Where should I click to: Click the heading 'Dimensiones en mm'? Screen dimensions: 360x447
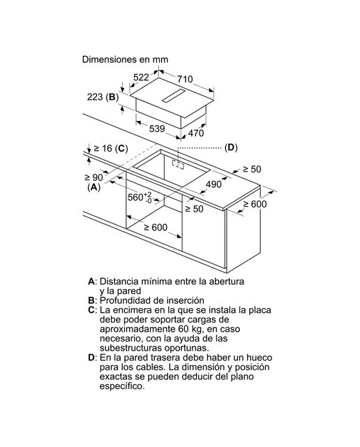(x=125, y=59)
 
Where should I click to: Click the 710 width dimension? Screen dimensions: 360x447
(x=185, y=79)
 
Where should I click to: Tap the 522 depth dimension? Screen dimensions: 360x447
(x=141, y=77)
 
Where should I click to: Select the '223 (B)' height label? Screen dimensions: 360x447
(x=103, y=97)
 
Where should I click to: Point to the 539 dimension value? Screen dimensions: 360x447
(x=157, y=129)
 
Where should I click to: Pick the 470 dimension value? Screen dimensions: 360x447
(x=196, y=133)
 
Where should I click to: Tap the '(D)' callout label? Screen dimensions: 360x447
(x=231, y=147)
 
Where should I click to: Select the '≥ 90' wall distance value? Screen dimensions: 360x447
(x=94, y=177)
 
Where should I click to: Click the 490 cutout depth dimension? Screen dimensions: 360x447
(x=213, y=184)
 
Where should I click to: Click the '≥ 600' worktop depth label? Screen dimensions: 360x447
(x=255, y=204)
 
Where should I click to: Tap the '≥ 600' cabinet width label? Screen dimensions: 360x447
(x=156, y=227)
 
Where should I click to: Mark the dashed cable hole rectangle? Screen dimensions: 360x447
(x=178, y=163)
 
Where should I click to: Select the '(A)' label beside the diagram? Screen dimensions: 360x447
(x=94, y=187)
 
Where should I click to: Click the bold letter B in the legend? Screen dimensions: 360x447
(x=91, y=300)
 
